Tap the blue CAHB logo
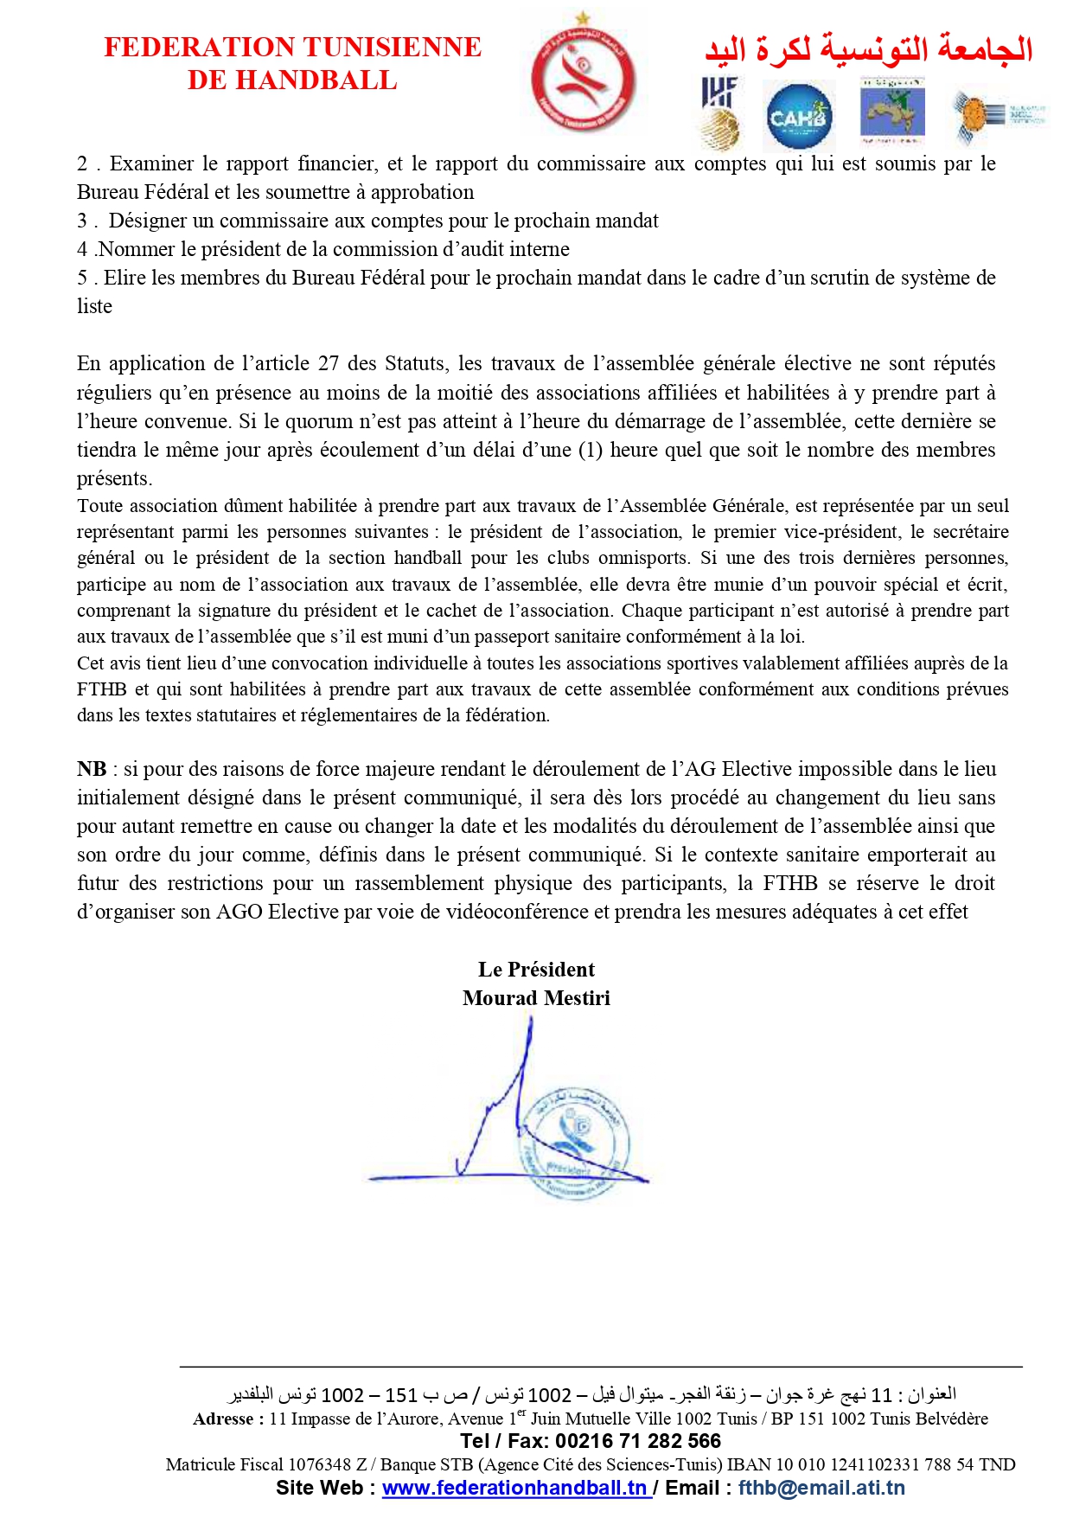tap(799, 116)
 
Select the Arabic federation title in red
tap(868, 49)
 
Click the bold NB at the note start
tap(92, 769)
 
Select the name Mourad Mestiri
tap(536, 998)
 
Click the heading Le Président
tap(536, 970)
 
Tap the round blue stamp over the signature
tap(570, 1141)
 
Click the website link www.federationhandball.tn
tap(515, 1488)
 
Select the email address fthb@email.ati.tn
tap(821, 1488)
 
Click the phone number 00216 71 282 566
tap(638, 1441)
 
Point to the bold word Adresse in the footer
tap(224, 1419)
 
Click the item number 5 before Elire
tap(82, 278)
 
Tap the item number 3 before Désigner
tap(82, 221)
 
